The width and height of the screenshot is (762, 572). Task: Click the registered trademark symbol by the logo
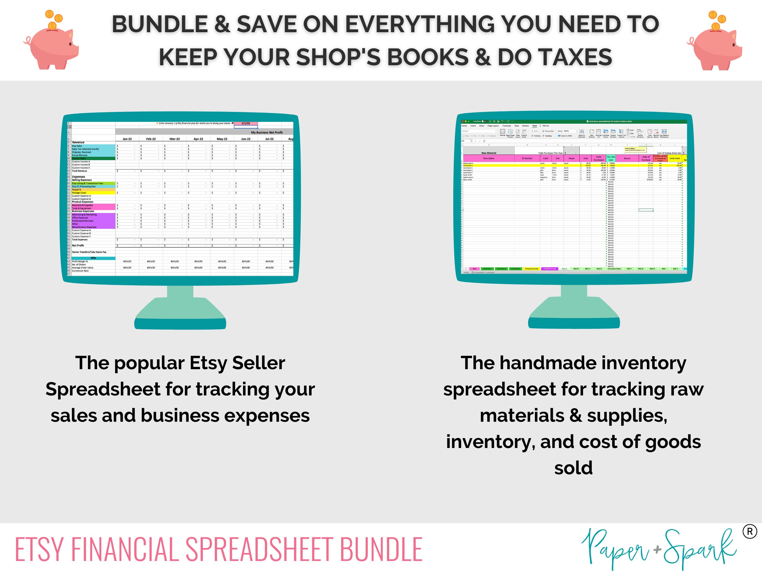click(x=750, y=532)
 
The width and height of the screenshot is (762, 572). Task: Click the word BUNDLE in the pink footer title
click(x=381, y=549)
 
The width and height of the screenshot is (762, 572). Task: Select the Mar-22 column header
click(x=175, y=139)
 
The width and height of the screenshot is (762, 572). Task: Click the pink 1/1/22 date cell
click(x=246, y=123)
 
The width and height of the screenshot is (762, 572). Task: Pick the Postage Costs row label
click(x=79, y=193)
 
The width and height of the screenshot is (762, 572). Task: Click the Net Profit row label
click(x=78, y=245)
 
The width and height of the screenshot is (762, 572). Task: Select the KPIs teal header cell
click(x=93, y=258)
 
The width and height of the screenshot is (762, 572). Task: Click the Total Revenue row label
click(x=80, y=171)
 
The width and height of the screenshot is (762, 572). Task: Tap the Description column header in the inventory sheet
click(x=489, y=158)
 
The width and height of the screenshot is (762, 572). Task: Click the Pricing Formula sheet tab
click(x=531, y=269)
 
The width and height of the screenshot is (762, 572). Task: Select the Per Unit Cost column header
click(x=610, y=158)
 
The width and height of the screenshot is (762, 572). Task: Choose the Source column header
click(x=627, y=158)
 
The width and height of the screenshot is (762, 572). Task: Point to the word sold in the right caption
click(x=573, y=468)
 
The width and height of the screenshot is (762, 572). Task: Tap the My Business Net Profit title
click(x=267, y=132)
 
